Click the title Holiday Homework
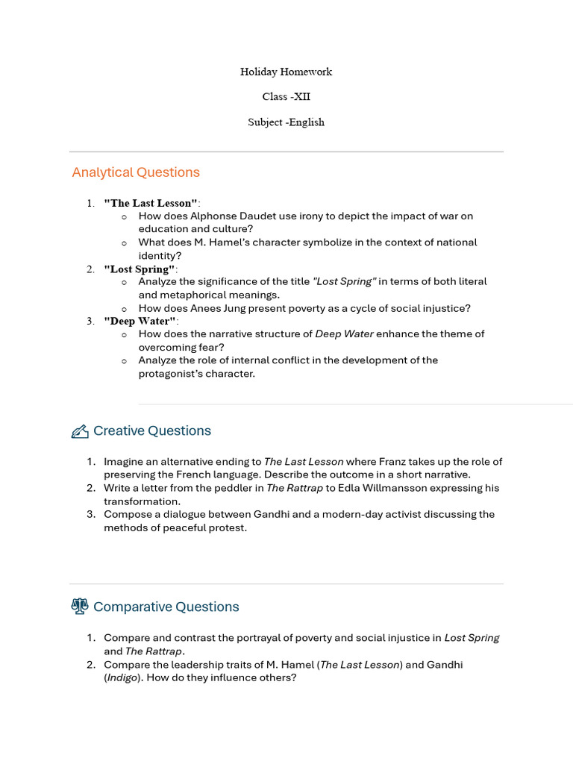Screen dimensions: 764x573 pos(286,72)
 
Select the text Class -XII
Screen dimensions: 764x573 pos(286,97)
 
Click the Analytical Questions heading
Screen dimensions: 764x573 pos(136,172)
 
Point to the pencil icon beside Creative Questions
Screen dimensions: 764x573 pos(79,431)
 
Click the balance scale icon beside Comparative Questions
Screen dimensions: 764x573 pos(79,607)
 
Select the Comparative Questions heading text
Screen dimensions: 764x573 pos(166,607)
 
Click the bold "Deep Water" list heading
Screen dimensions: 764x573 pos(141,321)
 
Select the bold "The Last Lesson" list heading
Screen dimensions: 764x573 pos(151,203)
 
